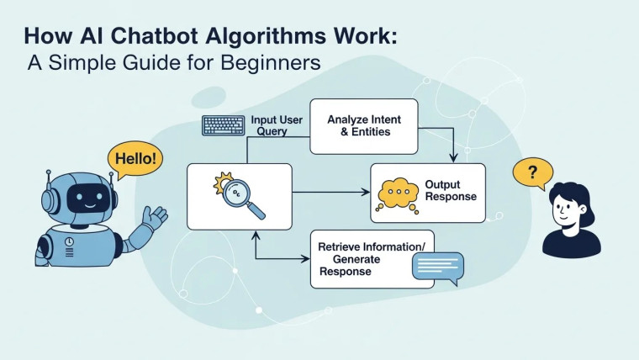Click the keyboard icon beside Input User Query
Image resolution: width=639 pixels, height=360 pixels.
click(x=224, y=125)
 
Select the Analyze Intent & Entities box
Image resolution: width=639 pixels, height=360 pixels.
click(x=363, y=126)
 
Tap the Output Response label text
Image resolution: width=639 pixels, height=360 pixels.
click(x=451, y=190)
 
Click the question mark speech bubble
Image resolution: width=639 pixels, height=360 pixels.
click(x=532, y=174)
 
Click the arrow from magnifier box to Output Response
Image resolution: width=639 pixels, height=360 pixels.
click(x=331, y=193)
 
